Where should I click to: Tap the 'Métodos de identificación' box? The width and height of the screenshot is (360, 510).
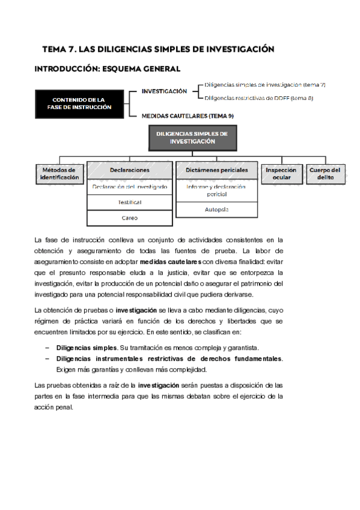pyautogui.click(x=59, y=174)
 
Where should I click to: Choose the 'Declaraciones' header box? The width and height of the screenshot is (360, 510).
pyautogui.click(x=130, y=170)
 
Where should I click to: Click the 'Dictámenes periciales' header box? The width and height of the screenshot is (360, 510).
pyautogui.click(x=216, y=170)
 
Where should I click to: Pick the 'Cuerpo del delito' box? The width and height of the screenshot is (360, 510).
pyautogui.click(x=325, y=174)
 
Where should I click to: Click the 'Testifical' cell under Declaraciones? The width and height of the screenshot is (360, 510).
pyautogui.click(x=130, y=203)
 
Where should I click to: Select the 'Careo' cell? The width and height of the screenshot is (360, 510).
pyautogui.click(x=130, y=218)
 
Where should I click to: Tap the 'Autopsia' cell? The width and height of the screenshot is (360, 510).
pyautogui.click(x=216, y=209)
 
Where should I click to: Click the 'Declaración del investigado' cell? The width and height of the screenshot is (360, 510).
pyautogui.click(x=130, y=187)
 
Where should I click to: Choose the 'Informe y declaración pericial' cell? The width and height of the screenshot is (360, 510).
pyautogui.click(x=216, y=191)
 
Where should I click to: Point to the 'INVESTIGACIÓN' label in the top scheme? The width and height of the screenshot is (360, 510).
pyautogui.click(x=164, y=91)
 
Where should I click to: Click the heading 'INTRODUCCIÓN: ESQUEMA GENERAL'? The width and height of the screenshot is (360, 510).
pyautogui.click(x=108, y=69)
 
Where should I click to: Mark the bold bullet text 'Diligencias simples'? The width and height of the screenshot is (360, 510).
pyautogui.click(x=87, y=348)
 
